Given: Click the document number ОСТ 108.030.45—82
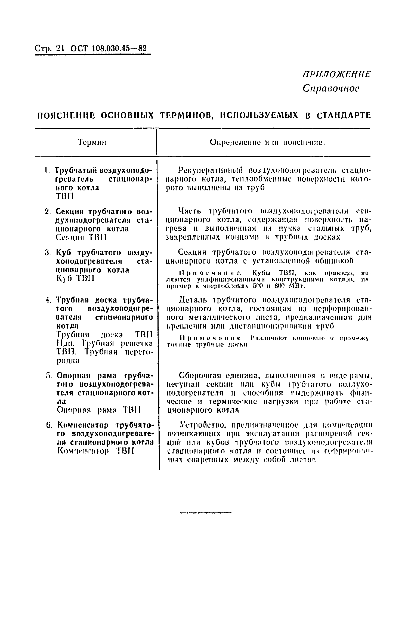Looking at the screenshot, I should coord(108,49).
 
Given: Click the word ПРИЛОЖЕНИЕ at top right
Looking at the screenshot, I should coord(336,74).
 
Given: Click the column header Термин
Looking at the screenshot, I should coord(92,142).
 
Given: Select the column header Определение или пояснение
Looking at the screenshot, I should coord(268,142).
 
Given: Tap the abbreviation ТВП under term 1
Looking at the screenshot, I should coord(64,196).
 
